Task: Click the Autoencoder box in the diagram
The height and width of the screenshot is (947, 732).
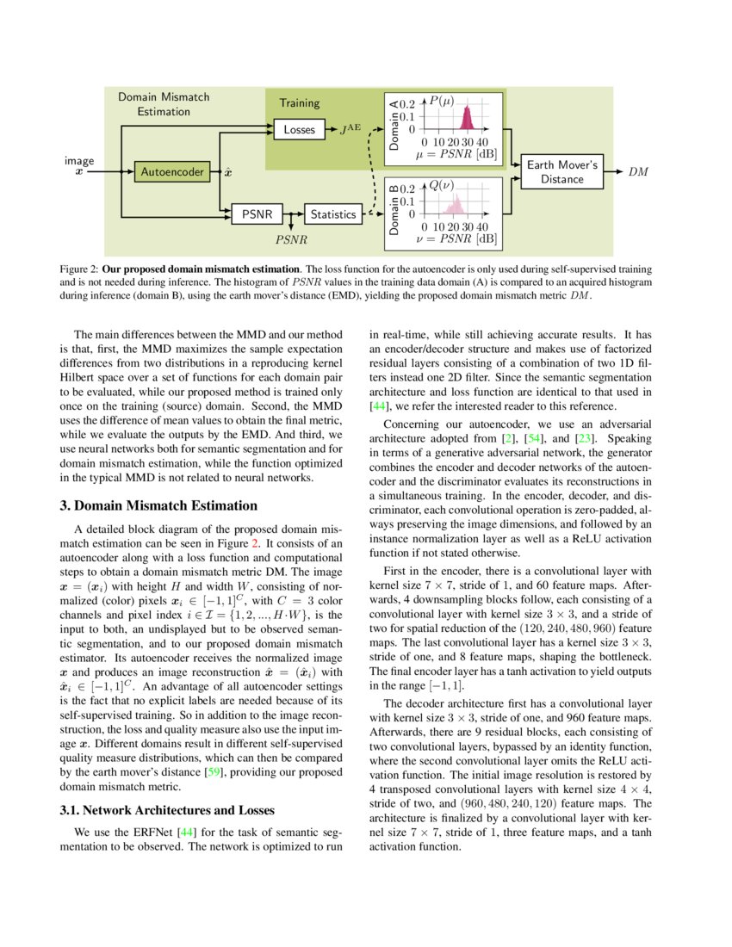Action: coord(173,172)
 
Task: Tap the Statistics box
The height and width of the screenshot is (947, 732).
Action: coord(333,214)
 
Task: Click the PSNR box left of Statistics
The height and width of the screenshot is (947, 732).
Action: coord(257,214)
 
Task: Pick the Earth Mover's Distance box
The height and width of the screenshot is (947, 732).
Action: coord(561,171)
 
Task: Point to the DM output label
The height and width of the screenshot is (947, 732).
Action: coord(638,171)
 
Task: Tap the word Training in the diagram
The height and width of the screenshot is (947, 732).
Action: coord(299,102)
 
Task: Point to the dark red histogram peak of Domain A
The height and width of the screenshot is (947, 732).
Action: coord(468,118)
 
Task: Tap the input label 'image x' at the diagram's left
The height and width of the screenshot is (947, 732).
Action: coord(79,166)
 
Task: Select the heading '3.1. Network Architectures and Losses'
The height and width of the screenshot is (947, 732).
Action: coord(166,810)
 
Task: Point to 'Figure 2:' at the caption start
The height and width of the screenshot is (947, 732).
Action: coord(78,269)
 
